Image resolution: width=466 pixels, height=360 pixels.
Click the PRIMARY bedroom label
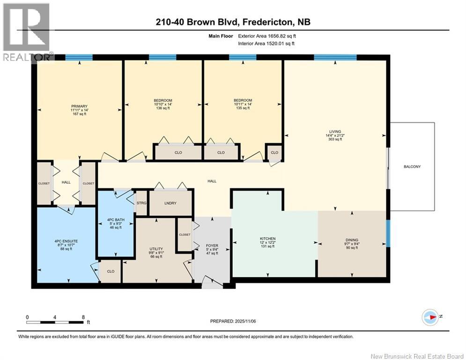pyautogui.click(x=79, y=106)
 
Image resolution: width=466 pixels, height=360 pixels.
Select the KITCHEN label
pyautogui.click(x=268, y=239)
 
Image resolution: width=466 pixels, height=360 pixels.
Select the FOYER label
pyautogui.click(x=212, y=245)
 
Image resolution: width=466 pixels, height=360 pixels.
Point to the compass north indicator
pyautogui.click(x=429, y=317)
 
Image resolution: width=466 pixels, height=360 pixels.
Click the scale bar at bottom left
pyautogui.click(x=55, y=322)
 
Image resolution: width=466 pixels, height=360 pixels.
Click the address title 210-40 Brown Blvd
pyautogui.click(x=233, y=22)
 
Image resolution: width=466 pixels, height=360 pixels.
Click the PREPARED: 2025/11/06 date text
pyautogui.click(x=233, y=321)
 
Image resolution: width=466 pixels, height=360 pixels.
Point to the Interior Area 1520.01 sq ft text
pyautogui.click(x=266, y=44)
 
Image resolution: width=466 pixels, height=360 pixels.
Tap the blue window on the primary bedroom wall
pyautogui.click(x=79, y=58)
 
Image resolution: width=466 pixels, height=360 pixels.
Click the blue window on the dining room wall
pyautogui.click(x=388, y=232)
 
